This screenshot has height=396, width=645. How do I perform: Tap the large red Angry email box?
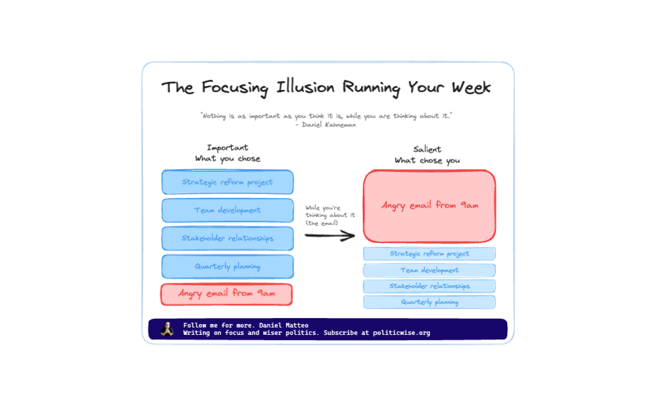point(429,206)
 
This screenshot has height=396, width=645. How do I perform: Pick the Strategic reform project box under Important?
point(227,182)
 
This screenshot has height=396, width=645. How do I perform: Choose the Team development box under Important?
point(227,210)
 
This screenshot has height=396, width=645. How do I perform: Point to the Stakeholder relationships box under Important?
point(227,238)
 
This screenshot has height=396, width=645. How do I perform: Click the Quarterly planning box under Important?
point(227,266)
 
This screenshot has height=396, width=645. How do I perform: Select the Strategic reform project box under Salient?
point(429,254)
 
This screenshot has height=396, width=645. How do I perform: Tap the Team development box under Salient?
point(429,270)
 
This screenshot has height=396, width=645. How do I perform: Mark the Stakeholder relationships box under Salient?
point(429,287)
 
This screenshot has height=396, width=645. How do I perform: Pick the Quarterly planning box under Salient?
point(429,302)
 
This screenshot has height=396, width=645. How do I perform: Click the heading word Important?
point(227,148)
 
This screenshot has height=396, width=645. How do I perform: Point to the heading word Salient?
point(427,149)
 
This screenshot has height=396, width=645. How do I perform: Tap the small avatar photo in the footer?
point(166,329)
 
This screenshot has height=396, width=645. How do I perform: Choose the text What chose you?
point(427,160)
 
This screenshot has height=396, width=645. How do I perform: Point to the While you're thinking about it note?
point(330,215)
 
